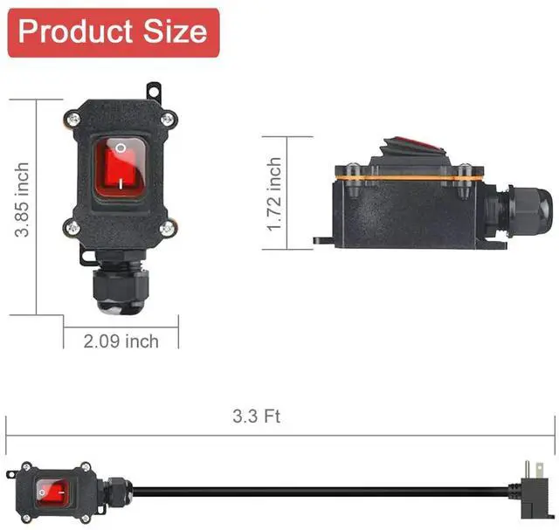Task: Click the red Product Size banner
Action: click(114, 33)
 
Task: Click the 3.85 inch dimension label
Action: click(22, 200)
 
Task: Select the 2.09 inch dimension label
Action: click(121, 341)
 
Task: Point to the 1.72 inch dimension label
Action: click(275, 194)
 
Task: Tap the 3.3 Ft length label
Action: click(257, 416)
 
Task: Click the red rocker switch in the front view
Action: click(121, 168)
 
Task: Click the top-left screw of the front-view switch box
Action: click(73, 119)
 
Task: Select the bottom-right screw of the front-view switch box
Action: click(167, 227)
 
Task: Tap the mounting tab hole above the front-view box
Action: click(154, 92)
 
